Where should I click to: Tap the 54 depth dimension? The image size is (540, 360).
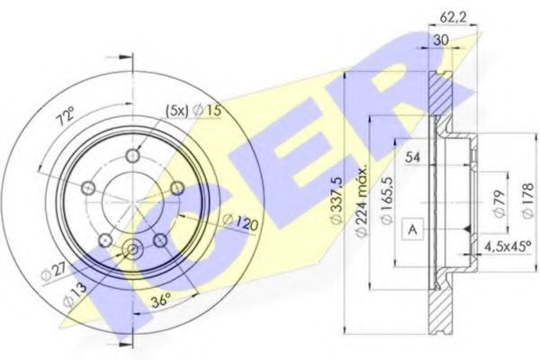(413, 158)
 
